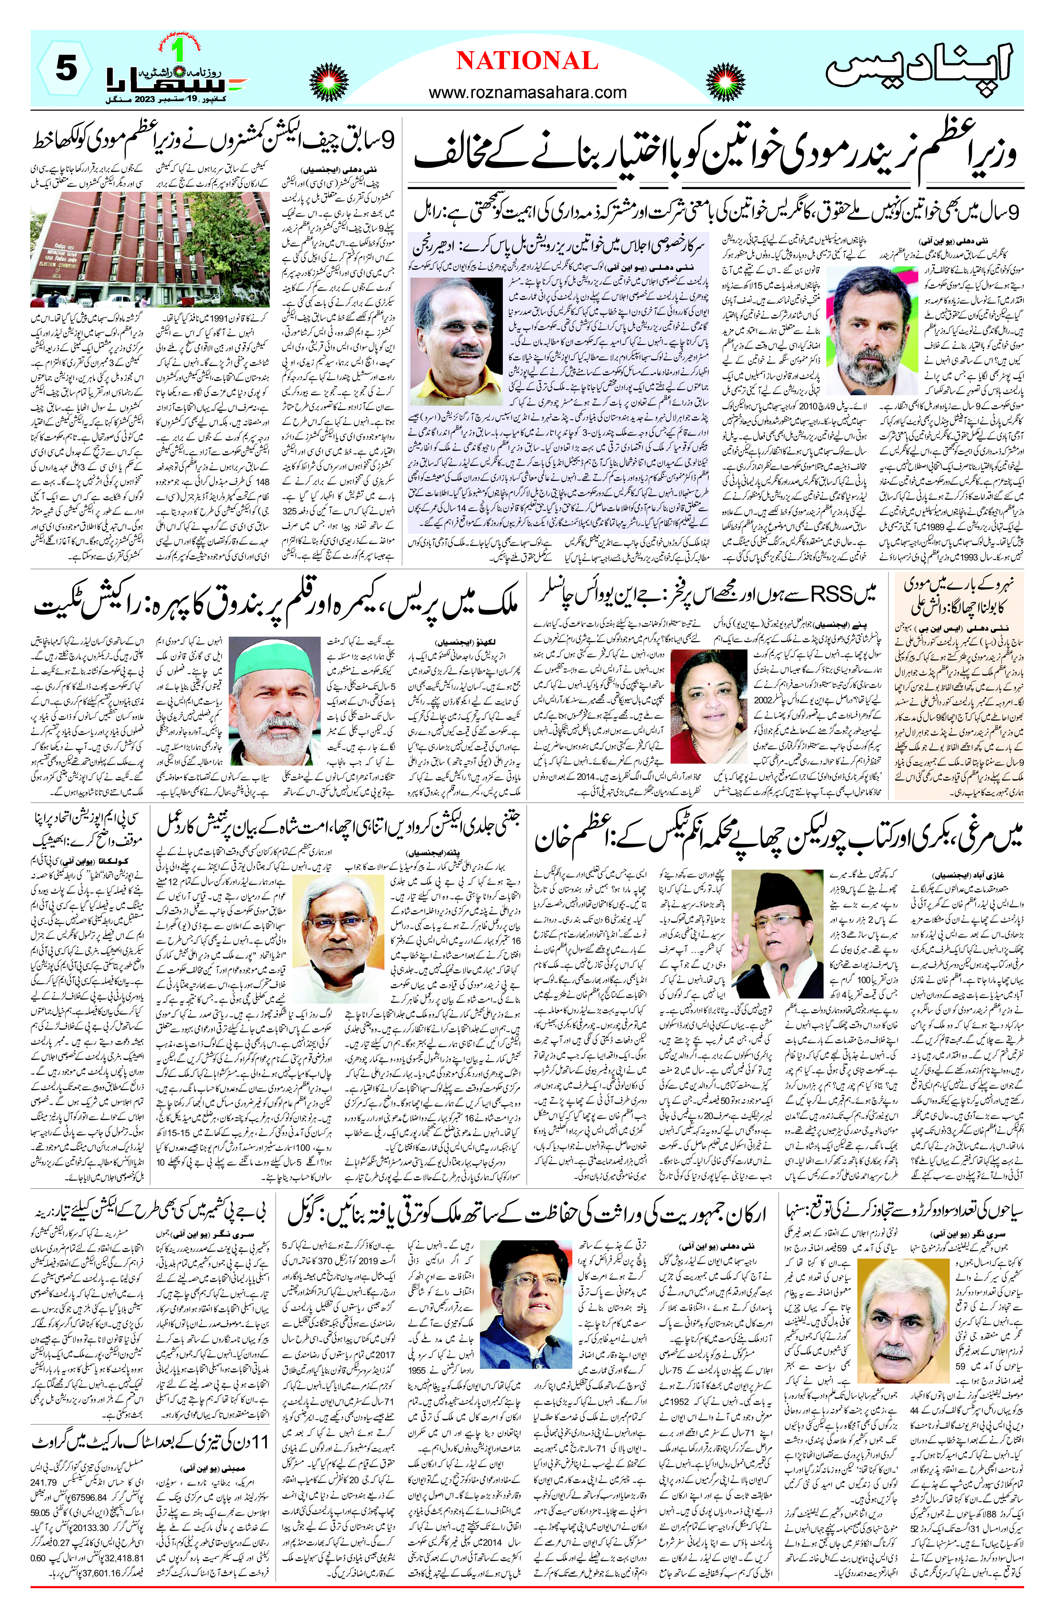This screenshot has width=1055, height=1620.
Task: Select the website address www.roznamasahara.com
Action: coord(527,92)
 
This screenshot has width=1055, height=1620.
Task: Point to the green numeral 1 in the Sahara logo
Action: coord(179,53)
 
